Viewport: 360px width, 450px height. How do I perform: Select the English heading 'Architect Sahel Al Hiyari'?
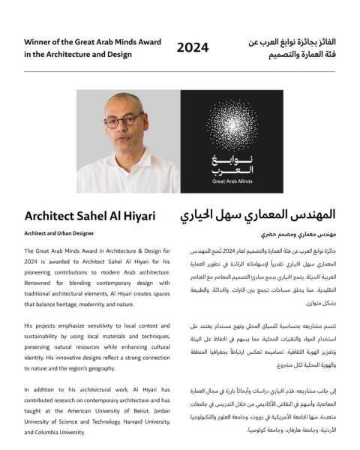click(90, 216)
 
